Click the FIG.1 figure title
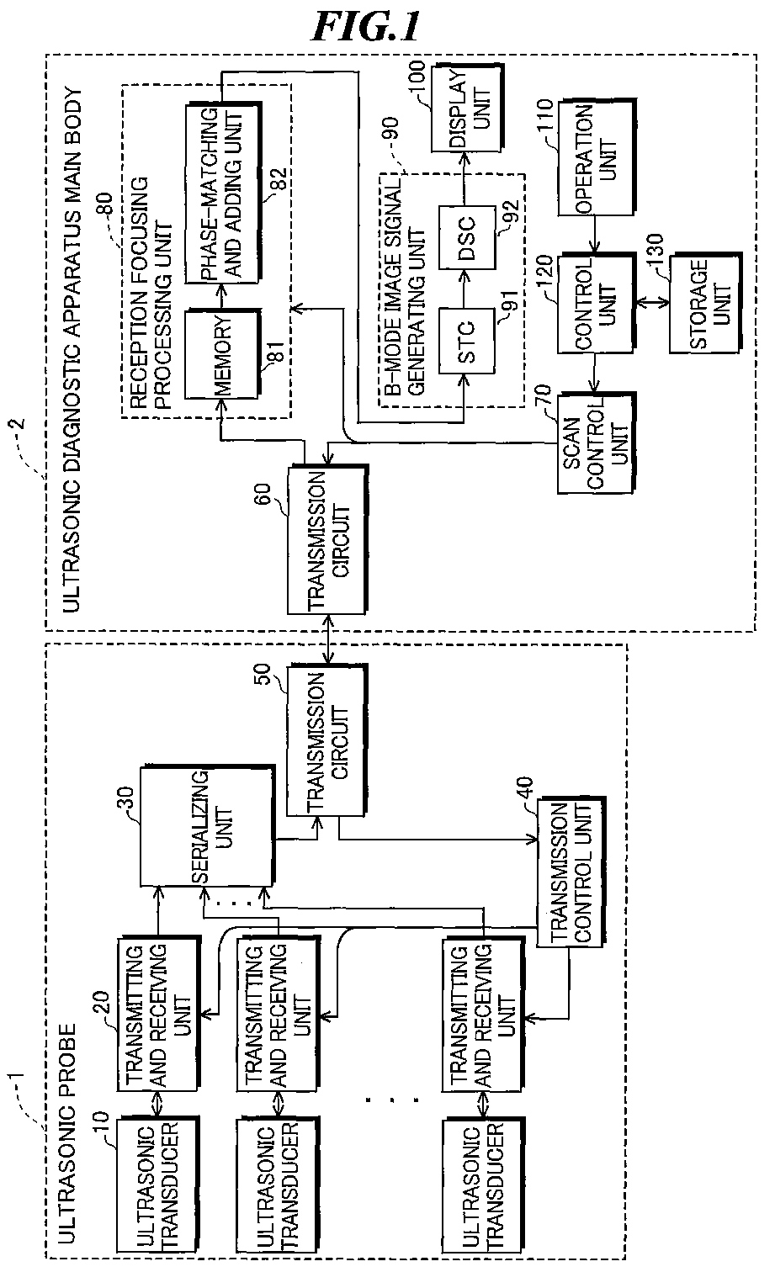367,27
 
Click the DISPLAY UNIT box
467,109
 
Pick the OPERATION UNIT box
596,158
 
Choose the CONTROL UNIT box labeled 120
596,304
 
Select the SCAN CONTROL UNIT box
596,443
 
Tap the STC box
466,342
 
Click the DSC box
466,237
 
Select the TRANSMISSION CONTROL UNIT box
571,872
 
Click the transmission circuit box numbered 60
327,540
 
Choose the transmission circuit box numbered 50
326,742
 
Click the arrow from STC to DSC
466,289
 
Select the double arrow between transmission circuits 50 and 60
327,640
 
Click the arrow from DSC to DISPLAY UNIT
466,179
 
